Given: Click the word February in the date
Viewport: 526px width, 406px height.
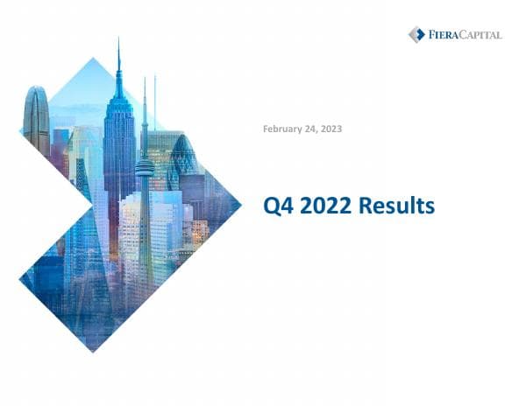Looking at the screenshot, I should (x=283, y=129).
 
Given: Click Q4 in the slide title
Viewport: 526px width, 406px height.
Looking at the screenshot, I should (x=279, y=206).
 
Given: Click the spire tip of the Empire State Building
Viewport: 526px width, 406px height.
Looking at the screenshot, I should (x=118, y=42).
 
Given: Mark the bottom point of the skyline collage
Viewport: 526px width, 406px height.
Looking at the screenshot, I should (x=92, y=352).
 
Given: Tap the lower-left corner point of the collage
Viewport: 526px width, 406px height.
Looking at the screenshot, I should (x=19, y=279).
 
